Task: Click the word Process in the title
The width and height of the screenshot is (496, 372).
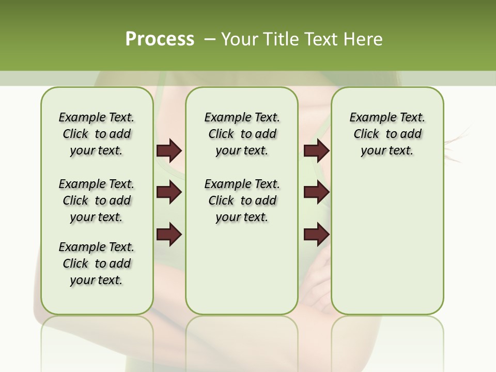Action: (160, 39)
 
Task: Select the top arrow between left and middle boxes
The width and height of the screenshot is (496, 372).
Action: (169, 150)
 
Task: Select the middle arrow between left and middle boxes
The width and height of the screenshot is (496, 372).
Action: (169, 192)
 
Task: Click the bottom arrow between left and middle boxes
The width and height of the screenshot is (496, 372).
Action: (169, 235)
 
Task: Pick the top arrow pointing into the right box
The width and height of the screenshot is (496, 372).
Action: (316, 150)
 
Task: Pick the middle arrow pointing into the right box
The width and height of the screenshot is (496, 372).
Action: (316, 192)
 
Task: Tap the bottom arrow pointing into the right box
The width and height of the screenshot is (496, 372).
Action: (316, 235)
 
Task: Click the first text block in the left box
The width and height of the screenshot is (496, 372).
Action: (97, 134)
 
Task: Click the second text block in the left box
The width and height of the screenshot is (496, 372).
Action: (97, 200)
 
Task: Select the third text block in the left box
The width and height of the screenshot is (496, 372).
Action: (97, 263)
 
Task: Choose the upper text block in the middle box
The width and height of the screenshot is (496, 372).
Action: (242, 134)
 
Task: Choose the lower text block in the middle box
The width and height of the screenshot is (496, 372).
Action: (242, 200)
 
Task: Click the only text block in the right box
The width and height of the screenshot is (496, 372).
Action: (387, 134)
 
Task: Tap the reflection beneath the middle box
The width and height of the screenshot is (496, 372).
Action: (242, 336)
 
